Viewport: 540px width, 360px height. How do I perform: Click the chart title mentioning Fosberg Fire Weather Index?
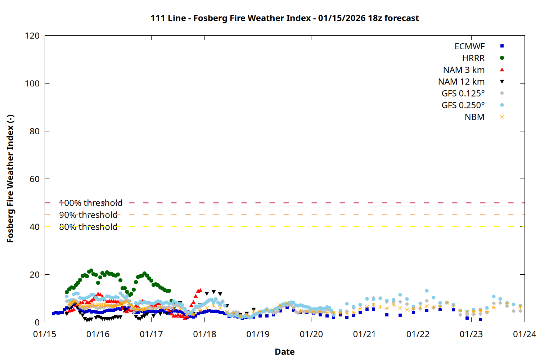tap(284, 18)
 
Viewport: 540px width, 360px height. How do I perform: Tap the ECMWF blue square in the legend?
tap(502, 46)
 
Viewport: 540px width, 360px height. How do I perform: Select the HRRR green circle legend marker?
tap(502, 58)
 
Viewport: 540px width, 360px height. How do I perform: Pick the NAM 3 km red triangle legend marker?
tap(502, 70)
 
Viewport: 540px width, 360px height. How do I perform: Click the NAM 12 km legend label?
tap(461, 82)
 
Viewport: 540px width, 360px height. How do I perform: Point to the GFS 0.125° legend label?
tap(463, 94)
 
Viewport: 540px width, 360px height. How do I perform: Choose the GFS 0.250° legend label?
tap(463, 105)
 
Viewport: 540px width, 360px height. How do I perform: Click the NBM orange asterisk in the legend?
tap(502, 117)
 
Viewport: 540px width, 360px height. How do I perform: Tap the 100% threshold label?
tap(91, 203)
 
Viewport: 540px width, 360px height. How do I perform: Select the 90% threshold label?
tap(88, 215)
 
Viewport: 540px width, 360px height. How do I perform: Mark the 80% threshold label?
tap(88, 227)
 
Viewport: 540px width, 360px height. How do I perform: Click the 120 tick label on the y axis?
tap(32, 36)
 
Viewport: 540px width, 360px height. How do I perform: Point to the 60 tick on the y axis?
tap(35, 179)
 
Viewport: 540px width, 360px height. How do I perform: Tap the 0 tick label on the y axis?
tap(37, 322)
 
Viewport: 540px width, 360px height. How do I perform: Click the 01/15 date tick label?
tap(45, 334)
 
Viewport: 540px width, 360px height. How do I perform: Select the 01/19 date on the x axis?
tap(258, 334)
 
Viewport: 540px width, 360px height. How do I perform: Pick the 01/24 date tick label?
tap(525, 334)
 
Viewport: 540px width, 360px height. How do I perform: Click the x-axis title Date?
tap(284, 352)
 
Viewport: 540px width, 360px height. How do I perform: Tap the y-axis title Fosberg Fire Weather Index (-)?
tap(10, 179)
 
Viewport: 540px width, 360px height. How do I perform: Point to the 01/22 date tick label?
tap(418, 334)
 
